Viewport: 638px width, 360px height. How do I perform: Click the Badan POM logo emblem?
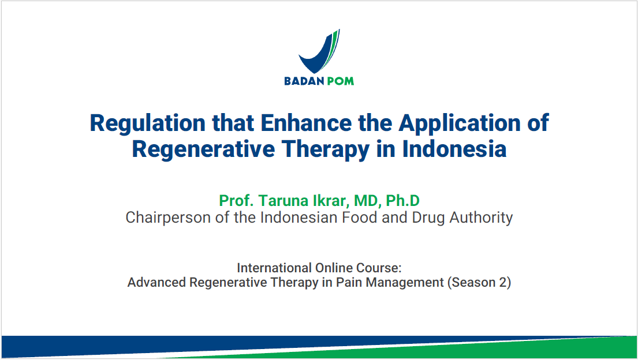tap(319, 52)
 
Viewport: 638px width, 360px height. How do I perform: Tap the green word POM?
tap(340, 81)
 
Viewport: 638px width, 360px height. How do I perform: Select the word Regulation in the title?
tap(147, 123)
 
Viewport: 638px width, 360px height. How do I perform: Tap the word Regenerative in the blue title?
tap(203, 149)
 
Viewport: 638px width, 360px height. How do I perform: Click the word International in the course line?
tap(274, 268)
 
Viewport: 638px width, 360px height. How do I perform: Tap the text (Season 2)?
tap(479, 283)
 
